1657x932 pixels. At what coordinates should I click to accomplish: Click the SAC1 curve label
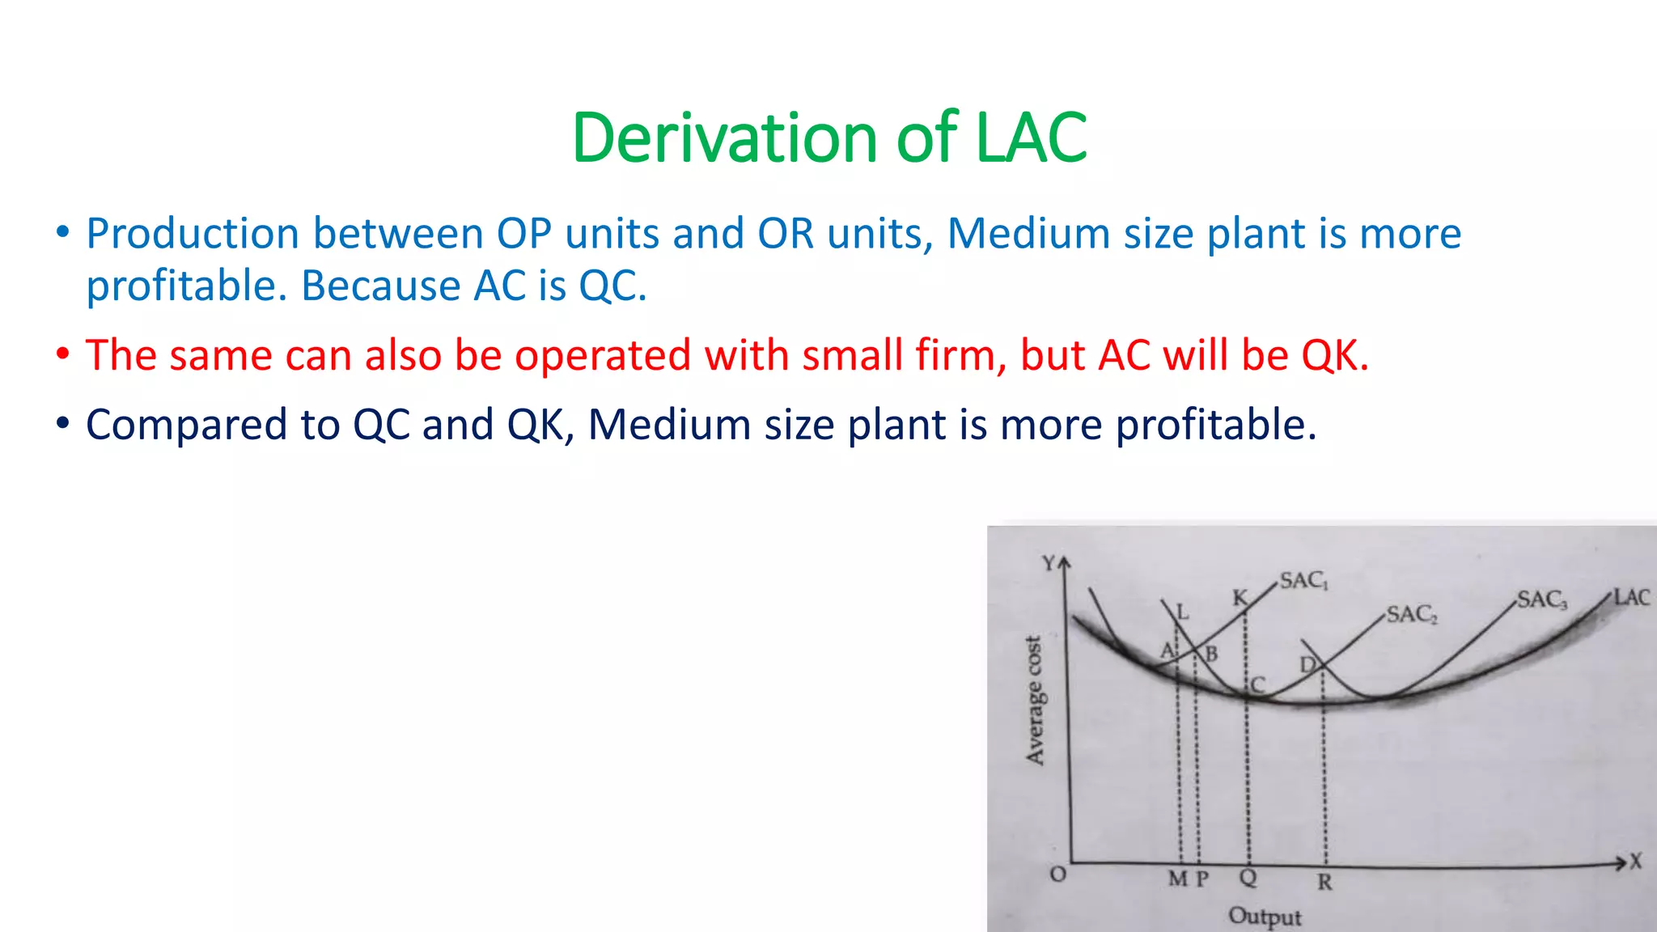pyautogui.click(x=1303, y=581)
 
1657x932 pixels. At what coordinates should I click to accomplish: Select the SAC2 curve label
pyautogui.click(x=1412, y=615)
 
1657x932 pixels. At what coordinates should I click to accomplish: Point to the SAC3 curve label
pyautogui.click(x=1542, y=600)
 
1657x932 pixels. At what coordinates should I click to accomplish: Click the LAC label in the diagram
pyautogui.click(x=1631, y=598)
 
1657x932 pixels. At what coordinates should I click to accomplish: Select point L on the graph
pyautogui.click(x=1183, y=612)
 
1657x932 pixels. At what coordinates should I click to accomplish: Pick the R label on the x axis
pyautogui.click(x=1324, y=883)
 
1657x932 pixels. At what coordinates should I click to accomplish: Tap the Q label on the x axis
pyautogui.click(x=1248, y=878)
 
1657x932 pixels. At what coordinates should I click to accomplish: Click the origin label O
pyautogui.click(x=1057, y=875)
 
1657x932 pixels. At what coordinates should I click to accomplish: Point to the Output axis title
pyautogui.click(x=1265, y=917)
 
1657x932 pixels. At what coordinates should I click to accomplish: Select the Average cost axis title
pyautogui.click(x=1035, y=701)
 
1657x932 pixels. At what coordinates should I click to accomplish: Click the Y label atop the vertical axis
pyautogui.click(x=1049, y=563)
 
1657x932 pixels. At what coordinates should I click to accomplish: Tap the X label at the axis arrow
pyautogui.click(x=1636, y=862)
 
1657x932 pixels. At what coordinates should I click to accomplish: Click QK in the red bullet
pyautogui.click(x=1330, y=355)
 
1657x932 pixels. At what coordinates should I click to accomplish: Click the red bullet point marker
pyautogui.click(x=63, y=355)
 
